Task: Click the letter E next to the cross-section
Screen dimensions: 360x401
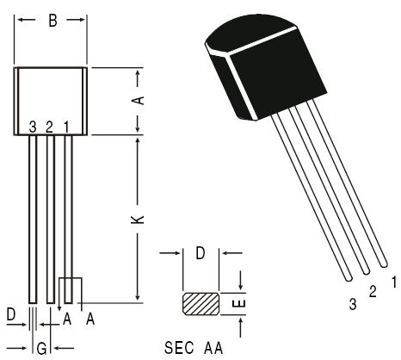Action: pos(242,304)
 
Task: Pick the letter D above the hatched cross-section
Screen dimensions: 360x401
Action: pos(200,253)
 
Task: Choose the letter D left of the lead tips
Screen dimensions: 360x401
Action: pos(11,317)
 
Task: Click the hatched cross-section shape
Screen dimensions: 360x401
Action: pos(201,304)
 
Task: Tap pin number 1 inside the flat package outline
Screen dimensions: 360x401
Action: pos(66,127)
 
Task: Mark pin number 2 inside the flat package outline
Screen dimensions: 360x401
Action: pos(49,127)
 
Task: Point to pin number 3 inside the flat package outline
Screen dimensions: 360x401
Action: pos(33,127)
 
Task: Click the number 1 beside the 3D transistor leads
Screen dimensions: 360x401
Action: pos(393,281)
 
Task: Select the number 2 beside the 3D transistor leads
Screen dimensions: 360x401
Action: pos(373,292)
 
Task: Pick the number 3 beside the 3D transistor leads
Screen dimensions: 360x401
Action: pos(352,304)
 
